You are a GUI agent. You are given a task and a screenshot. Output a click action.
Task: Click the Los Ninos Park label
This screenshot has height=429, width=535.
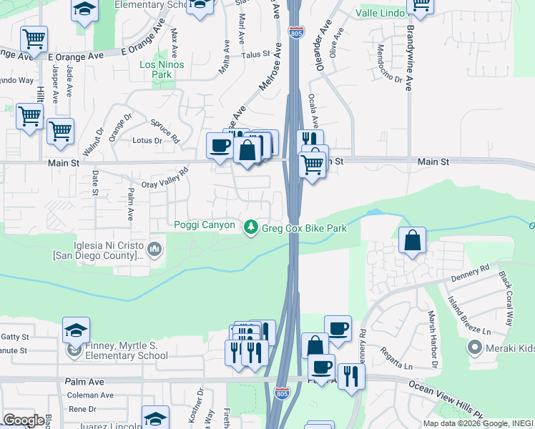click(x=162, y=69)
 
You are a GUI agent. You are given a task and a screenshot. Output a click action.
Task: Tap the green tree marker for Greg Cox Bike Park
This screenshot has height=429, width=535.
click(x=250, y=227)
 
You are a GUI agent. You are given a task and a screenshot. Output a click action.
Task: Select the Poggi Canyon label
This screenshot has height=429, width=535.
click(x=205, y=225)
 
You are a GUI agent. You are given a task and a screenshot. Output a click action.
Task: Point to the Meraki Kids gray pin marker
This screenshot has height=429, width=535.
click(x=474, y=348)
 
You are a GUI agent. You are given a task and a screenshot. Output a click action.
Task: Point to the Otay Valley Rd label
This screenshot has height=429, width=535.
click(x=165, y=179)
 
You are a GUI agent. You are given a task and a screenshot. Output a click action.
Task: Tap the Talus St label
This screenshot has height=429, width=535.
click(x=255, y=54)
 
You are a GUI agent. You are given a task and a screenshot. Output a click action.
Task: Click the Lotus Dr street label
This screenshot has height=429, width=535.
click(x=147, y=141)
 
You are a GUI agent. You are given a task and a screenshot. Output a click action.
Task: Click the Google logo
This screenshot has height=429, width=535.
click(x=23, y=420)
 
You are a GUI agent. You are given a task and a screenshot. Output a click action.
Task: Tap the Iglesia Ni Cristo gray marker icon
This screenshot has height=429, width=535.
click(x=155, y=249)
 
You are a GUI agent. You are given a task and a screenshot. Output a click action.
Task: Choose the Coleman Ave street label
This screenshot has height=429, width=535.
click(x=90, y=395)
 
